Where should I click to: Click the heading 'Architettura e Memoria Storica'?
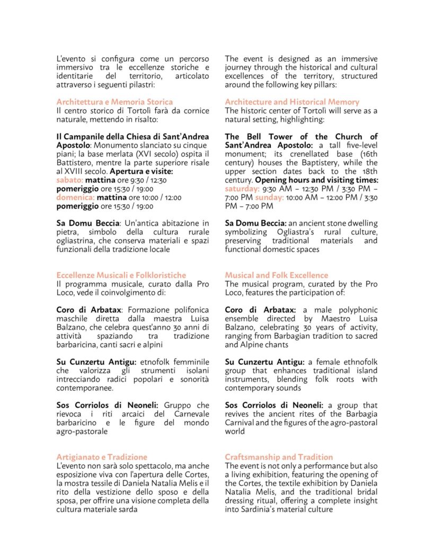coord(114,102)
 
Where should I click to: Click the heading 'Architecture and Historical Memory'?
coord(292,102)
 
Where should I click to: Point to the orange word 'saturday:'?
coord(242,189)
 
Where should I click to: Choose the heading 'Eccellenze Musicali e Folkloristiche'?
coord(121,275)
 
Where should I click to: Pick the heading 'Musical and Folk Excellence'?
coord(277,275)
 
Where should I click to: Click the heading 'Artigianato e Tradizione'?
coord(102,457)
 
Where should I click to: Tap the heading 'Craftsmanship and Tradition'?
coord(279,457)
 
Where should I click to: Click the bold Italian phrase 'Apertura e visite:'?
coord(141,172)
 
